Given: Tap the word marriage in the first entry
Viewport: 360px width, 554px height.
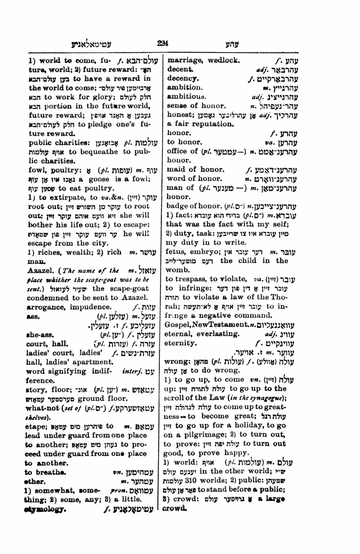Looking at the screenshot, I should click(x=184, y=60).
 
